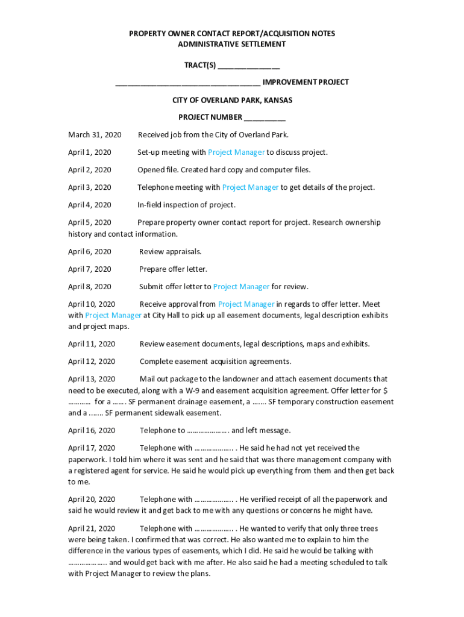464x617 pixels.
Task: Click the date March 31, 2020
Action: coord(95,135)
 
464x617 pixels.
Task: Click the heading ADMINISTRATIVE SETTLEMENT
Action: coord(232,45)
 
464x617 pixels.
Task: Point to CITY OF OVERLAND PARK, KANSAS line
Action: coord(232,100)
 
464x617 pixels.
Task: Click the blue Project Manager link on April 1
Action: coord(236,152)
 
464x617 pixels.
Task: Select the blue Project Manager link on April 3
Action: coord(250,187)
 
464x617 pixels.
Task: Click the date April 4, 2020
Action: coord(90,205)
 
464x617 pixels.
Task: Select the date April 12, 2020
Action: coord(92,362)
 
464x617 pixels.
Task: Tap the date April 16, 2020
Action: coord(92,430)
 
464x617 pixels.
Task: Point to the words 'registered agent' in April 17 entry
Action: coord(98,471)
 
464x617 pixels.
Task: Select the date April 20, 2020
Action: coord(92,500)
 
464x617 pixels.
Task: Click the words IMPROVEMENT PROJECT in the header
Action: coord(306,82)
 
